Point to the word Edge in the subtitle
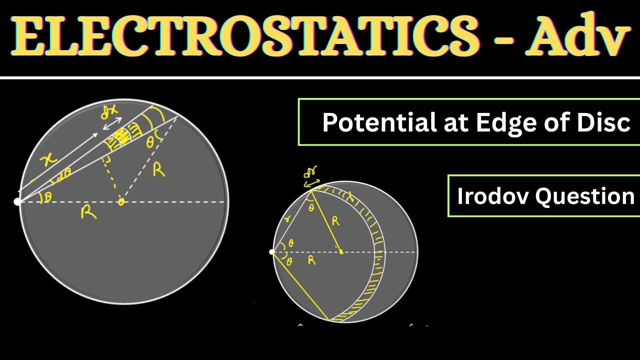tap(502, 122)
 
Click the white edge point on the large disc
tap(17, 202)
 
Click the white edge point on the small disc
tap(272, 251)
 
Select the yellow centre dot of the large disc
tap(120, 202)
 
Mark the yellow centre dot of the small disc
tap(341, 251)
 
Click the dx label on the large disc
tap(108, 113)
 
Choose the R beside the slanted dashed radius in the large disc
tap(158, 170)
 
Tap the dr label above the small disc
tap(310, 173)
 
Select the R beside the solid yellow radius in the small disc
tap(335, 220)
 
